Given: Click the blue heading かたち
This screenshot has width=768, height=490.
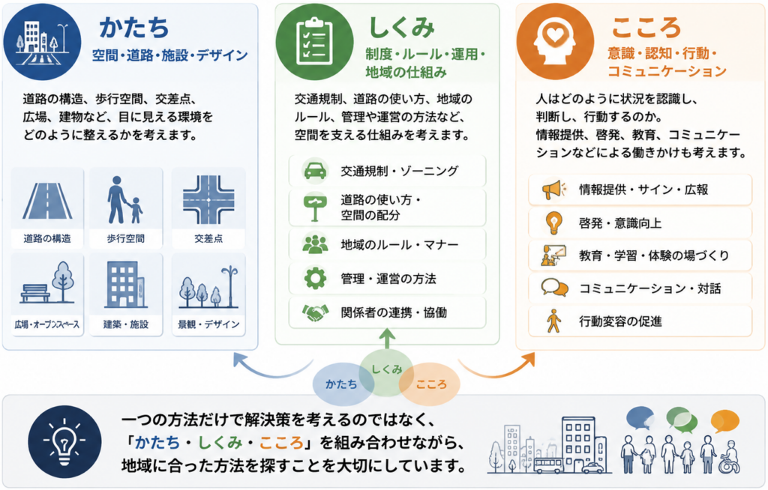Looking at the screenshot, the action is coord(134,27).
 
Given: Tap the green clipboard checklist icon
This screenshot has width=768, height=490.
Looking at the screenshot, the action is coord(314,41).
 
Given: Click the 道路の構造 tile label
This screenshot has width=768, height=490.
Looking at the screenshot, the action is coord(47,238).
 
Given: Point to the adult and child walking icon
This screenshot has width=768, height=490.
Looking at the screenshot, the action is coord(124,200).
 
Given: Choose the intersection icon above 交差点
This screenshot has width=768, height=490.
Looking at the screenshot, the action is coord(208,200).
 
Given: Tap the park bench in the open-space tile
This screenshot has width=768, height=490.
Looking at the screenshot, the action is coord(34,293).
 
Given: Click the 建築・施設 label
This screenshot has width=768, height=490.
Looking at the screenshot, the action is coord(126,324).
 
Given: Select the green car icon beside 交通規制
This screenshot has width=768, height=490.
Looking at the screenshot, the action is coord(316,171).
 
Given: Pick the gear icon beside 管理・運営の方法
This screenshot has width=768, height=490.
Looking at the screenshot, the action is coord(315,279).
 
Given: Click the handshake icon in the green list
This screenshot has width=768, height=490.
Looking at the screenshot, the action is coord(315,312).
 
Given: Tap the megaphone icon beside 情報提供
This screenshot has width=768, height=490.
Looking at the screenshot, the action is coord(553,190).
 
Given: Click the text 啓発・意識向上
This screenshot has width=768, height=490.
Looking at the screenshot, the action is coord(620,223).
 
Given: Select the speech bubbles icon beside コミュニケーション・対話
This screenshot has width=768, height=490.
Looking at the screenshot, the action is coord(554,288).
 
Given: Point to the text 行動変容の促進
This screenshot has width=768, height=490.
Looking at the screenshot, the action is coord(620,321).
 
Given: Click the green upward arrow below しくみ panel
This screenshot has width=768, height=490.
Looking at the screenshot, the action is coord(387,339).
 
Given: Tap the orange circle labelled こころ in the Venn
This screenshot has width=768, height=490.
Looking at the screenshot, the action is coord(430,384).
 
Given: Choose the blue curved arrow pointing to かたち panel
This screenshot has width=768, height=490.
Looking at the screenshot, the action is coord(271,369).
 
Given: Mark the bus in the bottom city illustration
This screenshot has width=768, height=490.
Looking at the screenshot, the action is coord(548,465).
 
